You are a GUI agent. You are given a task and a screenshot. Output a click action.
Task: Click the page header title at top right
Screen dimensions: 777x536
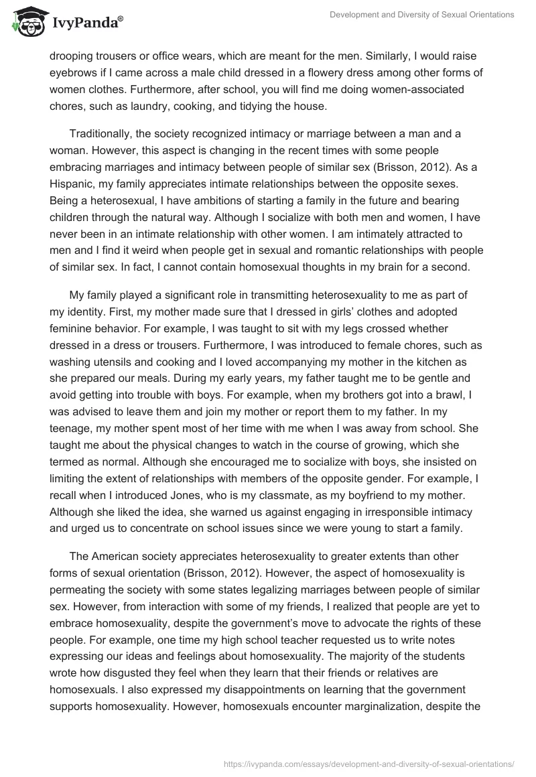point(423,15)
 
